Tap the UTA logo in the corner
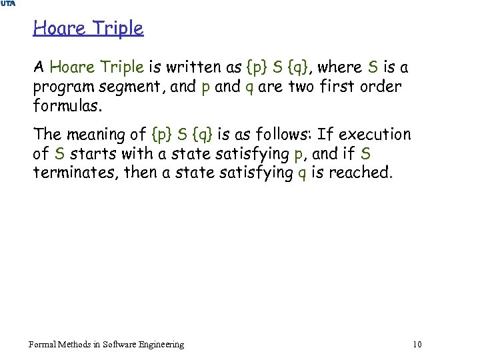(x=8, y=4)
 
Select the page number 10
(x=417, y=344)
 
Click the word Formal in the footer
(x=44, y=344)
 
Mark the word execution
(x=375, y=135)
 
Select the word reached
(x=367, y=173)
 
